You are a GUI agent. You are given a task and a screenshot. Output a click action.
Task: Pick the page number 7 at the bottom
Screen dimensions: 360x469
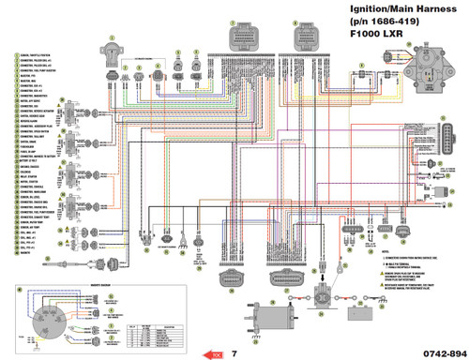234,353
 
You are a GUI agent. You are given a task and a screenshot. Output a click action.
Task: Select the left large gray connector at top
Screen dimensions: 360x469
250,38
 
